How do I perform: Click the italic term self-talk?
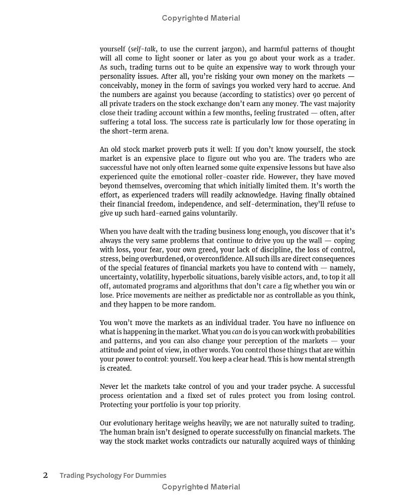tap(143, 49)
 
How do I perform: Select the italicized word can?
tap(237, 332)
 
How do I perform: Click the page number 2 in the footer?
tap(46, 475)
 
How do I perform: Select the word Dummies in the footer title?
tap(149, 475)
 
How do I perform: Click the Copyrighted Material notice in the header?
tap(201, 18)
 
